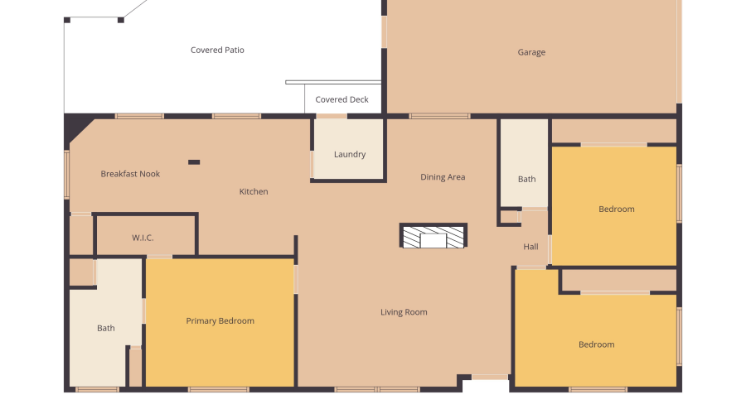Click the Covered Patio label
[x=217, y=51]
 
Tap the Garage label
[x=531, y=53]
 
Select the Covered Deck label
[x=342, y=100]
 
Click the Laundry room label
[x=350, y=155]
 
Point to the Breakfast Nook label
[x=130, y=174]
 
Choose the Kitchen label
[x=254, y=192]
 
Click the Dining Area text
[x=443, y=177]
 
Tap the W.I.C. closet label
[x=143, y=238]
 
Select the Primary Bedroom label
[x=220, y=321]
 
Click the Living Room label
[x=404, y=312]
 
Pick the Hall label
[x=530, y=247]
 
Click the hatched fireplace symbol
[x=434, y=236]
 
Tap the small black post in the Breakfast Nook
[x=194, y=162]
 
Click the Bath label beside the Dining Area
[x=526, y=179]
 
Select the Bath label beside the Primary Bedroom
[x=106, y=329]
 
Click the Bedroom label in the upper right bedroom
[x=616, y=209]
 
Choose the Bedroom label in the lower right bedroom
[x=596, y=344]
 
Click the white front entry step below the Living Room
[x=485, y=386]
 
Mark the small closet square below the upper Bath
[x=509, y=217]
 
